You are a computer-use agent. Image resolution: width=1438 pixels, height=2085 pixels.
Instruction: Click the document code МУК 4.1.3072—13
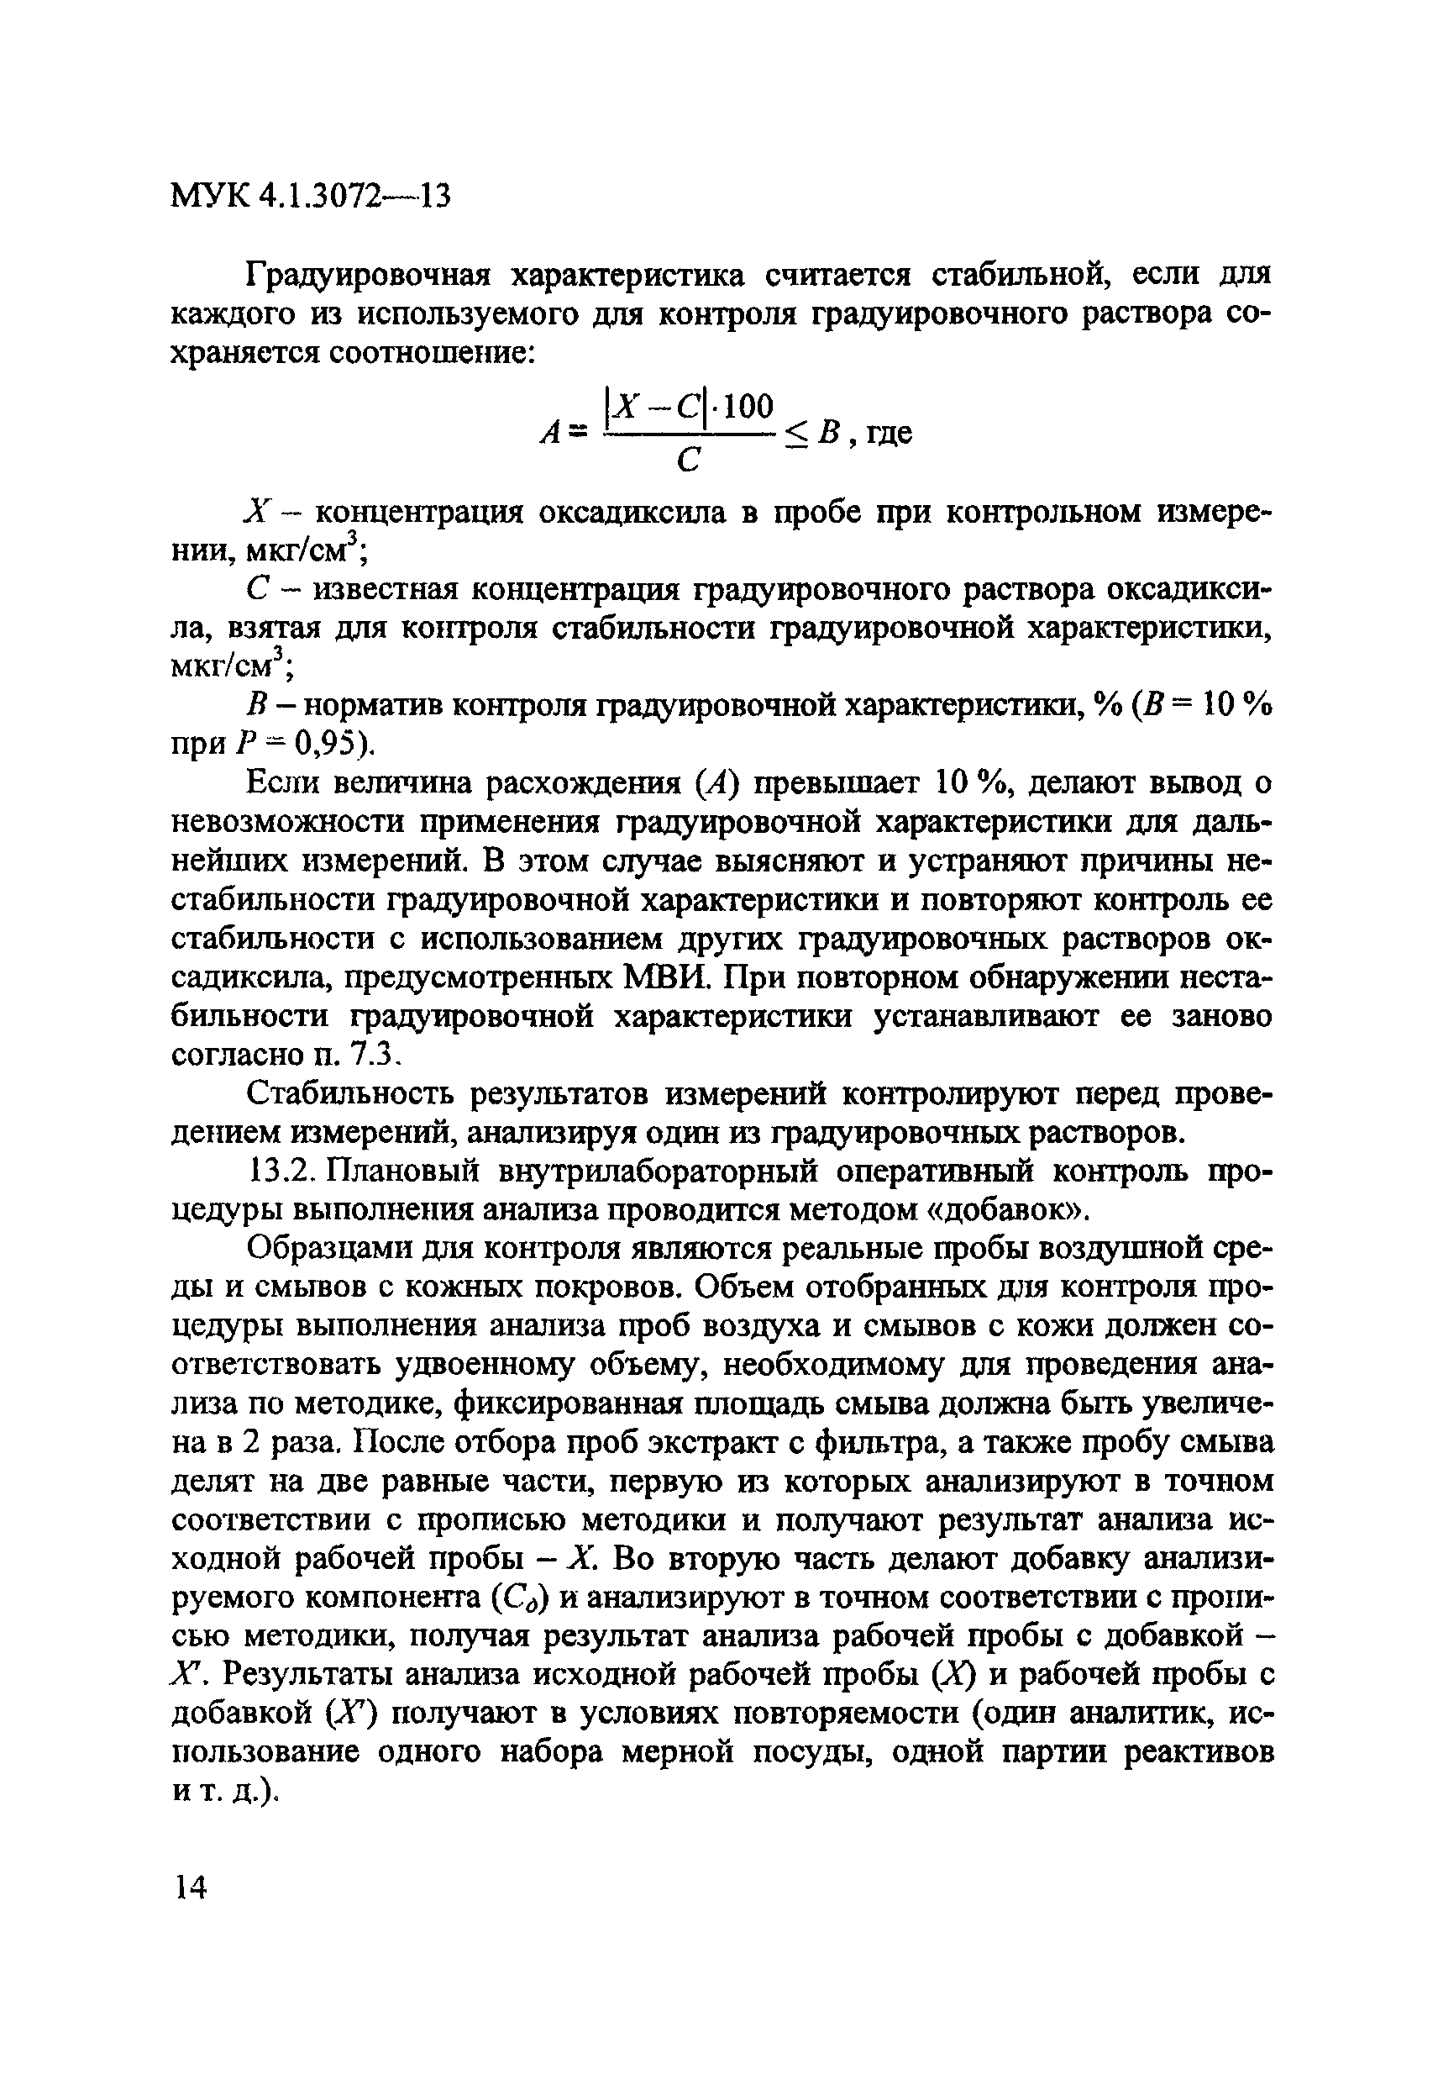point(309,194)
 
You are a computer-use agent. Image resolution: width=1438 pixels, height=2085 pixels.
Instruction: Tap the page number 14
point(190,1886)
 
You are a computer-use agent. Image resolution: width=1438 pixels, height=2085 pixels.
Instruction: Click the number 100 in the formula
point(747,408)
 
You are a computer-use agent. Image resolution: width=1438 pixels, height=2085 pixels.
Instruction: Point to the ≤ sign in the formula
point(798,435)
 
